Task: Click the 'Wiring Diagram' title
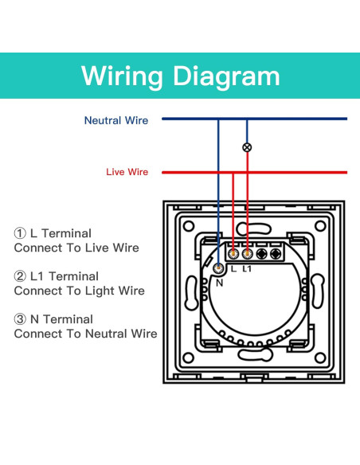tap(180, 76)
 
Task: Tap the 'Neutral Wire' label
tap(116, 120)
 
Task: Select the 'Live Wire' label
tap(127, 172)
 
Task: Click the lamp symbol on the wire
tap(247, 147)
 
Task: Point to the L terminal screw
tap(233, 254)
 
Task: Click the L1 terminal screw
tap(247, 254)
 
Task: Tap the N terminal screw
tap(219, 268)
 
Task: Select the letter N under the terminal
tap(220, 283)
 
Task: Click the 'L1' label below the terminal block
tap(247, 268)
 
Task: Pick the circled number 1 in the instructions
tap(20, 233)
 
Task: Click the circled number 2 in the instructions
tap(20, 276)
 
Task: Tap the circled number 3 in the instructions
tap(20, 319)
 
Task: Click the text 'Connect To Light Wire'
tap(79, 291)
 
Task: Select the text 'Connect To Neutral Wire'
tap(85, 334)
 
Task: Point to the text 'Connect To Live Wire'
tap(76, 248)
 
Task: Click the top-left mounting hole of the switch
tap(189, 226)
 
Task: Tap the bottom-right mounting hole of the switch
tap(320, 358)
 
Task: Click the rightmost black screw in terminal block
tap(276, 254)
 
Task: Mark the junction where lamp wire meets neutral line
tap(247, 119)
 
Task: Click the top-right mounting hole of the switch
tap(320, 226)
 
